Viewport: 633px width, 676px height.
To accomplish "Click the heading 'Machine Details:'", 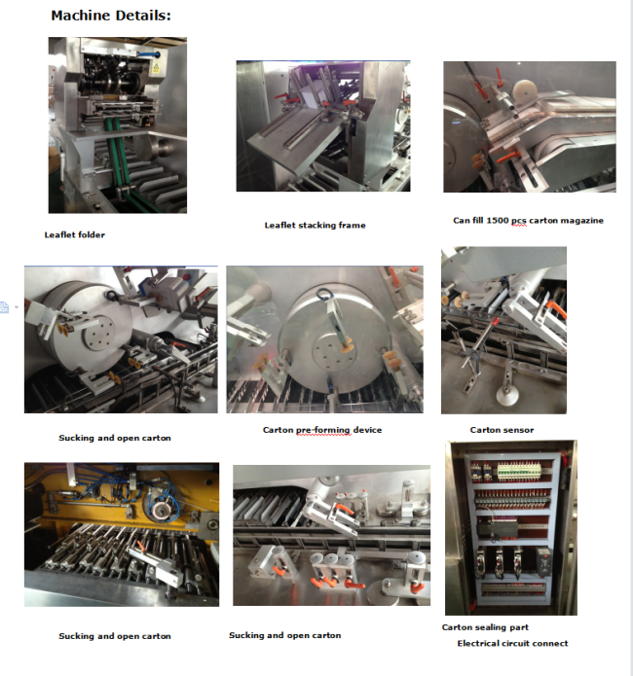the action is (111, 16).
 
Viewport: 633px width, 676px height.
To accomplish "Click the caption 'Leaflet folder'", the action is (75, 235).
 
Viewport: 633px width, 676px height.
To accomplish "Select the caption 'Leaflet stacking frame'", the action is (315, 225).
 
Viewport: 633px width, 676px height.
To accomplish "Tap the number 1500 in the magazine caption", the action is (498, 220).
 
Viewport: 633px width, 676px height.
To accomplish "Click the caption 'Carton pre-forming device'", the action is (322, 430).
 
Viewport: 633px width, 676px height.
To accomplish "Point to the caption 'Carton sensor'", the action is (502, 430).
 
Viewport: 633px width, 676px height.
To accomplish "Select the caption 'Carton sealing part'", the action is (485, 627).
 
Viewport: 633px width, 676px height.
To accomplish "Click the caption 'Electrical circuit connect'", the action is (512, 643).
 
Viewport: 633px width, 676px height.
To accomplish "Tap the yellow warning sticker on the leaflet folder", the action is (156, 67).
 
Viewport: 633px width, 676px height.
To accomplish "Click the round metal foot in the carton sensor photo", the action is (506, 395).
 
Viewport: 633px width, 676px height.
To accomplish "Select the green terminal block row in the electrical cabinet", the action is (519, 471).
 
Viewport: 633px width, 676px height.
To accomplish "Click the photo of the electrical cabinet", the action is (511, 528).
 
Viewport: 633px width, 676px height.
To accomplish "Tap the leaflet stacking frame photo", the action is (323, 125).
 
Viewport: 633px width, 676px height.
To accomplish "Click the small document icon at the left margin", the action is (4, 307).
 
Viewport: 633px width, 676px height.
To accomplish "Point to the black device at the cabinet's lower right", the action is (543, 560).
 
